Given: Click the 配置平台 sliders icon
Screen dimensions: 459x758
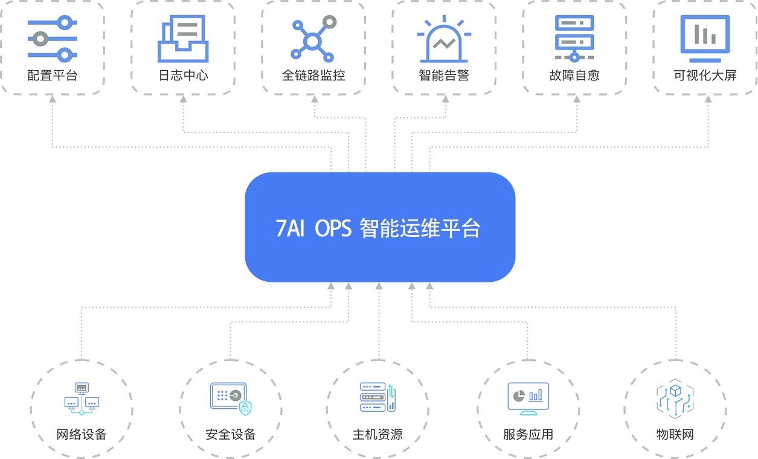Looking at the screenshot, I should tap(53, 39).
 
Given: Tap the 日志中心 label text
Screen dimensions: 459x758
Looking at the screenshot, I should tap(183, 76).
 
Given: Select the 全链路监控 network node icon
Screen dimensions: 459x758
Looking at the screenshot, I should tap(313, 39).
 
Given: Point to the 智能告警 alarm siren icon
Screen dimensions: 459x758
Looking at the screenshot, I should tap(444, 40).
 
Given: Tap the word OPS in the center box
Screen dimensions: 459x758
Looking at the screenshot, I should tap(333, 229).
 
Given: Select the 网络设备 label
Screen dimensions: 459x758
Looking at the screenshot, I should tap(82, 434).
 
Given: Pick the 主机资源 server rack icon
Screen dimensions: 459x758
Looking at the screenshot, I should tap(377, 397).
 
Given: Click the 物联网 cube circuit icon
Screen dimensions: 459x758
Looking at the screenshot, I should tap(675, 398).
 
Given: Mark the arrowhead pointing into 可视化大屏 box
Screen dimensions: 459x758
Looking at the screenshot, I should tap(708, 99).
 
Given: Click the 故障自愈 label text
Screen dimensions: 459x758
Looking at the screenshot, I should tap(574, 76).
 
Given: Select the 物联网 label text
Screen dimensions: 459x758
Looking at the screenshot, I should tap(675, 434).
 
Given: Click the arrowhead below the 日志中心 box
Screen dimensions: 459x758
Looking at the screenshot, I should tap(183, 99).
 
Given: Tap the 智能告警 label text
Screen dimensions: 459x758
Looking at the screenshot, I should tap(444, 76).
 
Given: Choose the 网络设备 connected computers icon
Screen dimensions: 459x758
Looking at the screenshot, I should tap(82, 398).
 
